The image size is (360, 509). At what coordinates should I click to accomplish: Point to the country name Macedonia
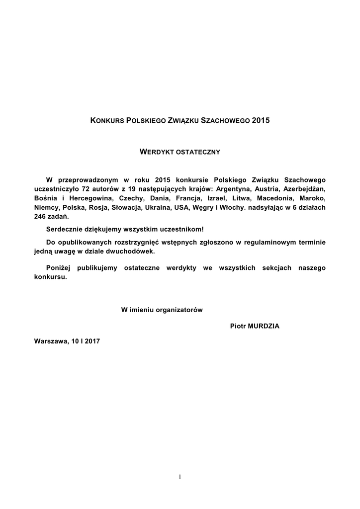(276, 198)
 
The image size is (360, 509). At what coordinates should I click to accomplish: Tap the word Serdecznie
(64, 230)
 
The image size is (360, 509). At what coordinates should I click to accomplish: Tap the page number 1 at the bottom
(180, 477)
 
